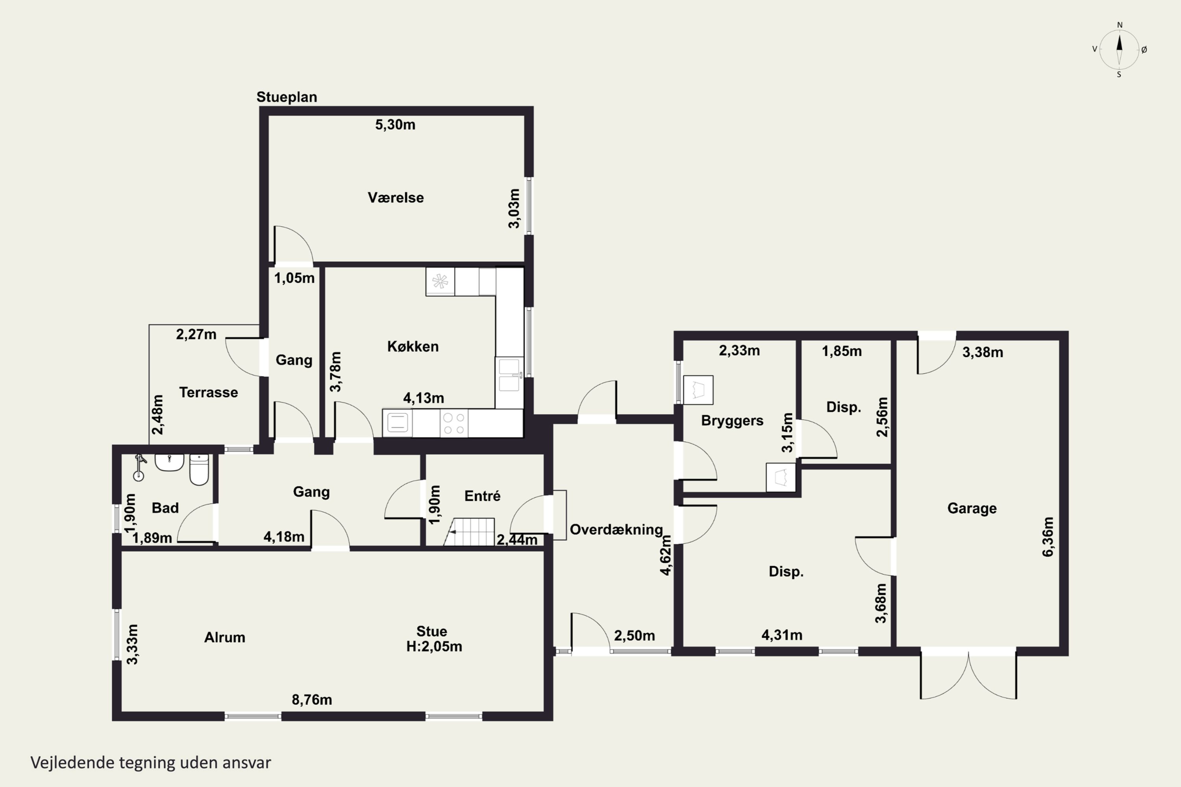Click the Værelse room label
pyautogui.click(x=396, y=198)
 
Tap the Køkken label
pyautogui.click(x=413, y=346)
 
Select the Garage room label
pyautogui.click(x=972, y=508)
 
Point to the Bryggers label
pyautogui.click(x=732, y=421)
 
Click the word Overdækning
pyautogui.click(x=616, y=530)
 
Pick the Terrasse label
pyautogui.click(x=208, y=392)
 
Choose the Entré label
pyautogui.click(x=482, y=496)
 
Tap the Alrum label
pyautogui.click(x=224, y=637)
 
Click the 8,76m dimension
pyautogui.click(x=312, y=700)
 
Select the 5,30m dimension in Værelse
pyautogui.click(x=395, y=124)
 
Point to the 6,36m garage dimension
pyautogui.click(x=1048, y=537)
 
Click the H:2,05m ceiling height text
pyautogui.click(x=434, y=647)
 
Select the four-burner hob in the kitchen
pyautogui.click(x=454, y=423)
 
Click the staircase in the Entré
pyautogui.click(x=470, y=532)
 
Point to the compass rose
pyautogui.click(x=1119, y=50)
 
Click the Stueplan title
pyautogui.click(x=287, y=97)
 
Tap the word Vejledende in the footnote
pyautogui.click(x=72, y=763)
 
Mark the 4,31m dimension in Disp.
pyautogui.click(x=782, y=635)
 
